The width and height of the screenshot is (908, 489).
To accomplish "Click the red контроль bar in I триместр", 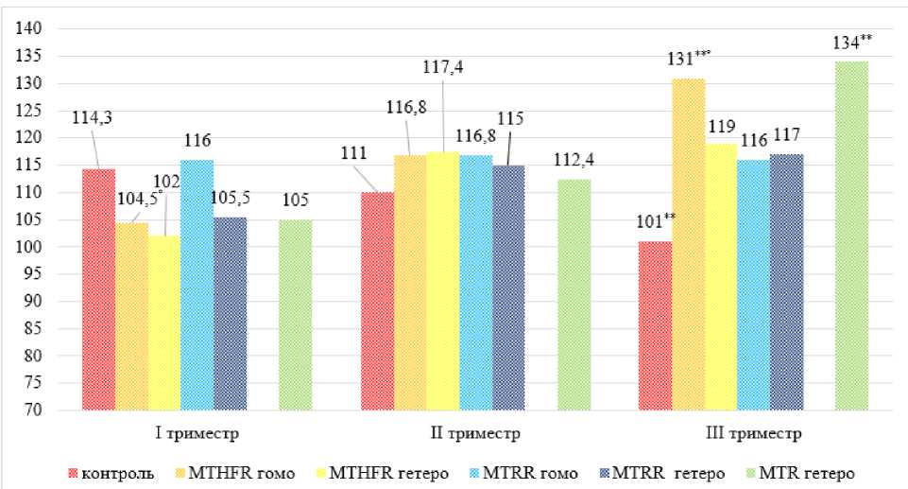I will click(98, 289).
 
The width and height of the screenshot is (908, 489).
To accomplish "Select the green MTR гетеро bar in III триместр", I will click(851, 236).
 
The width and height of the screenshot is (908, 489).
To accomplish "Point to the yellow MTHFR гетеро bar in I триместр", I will click(163, 323).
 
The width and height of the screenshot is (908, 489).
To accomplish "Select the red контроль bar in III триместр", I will click(655, 325).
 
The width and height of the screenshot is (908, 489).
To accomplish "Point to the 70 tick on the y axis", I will click(36, 411).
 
